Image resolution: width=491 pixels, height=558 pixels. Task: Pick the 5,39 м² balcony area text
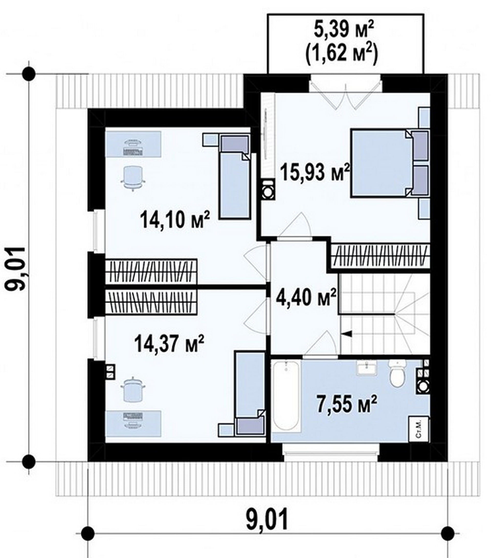(343, 30)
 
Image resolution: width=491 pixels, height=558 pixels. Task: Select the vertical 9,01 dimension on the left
(15, 269)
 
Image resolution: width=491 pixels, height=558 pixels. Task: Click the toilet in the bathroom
(397, 373)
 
